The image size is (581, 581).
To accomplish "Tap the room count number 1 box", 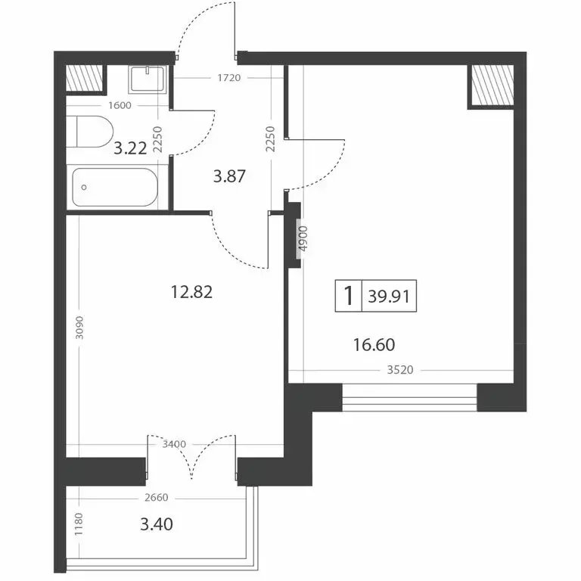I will (x=349, y=296).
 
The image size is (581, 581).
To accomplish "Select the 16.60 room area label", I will (x=374, y=345).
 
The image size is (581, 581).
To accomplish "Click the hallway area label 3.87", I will (x=230, y=178).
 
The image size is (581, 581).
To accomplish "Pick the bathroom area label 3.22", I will (x=129, y=148).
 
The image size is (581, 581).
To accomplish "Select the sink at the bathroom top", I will (x=148, y=79).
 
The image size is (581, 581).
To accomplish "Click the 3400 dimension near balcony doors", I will (x=174, y=444).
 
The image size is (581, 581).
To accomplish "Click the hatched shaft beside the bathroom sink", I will (x=84, y=79).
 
